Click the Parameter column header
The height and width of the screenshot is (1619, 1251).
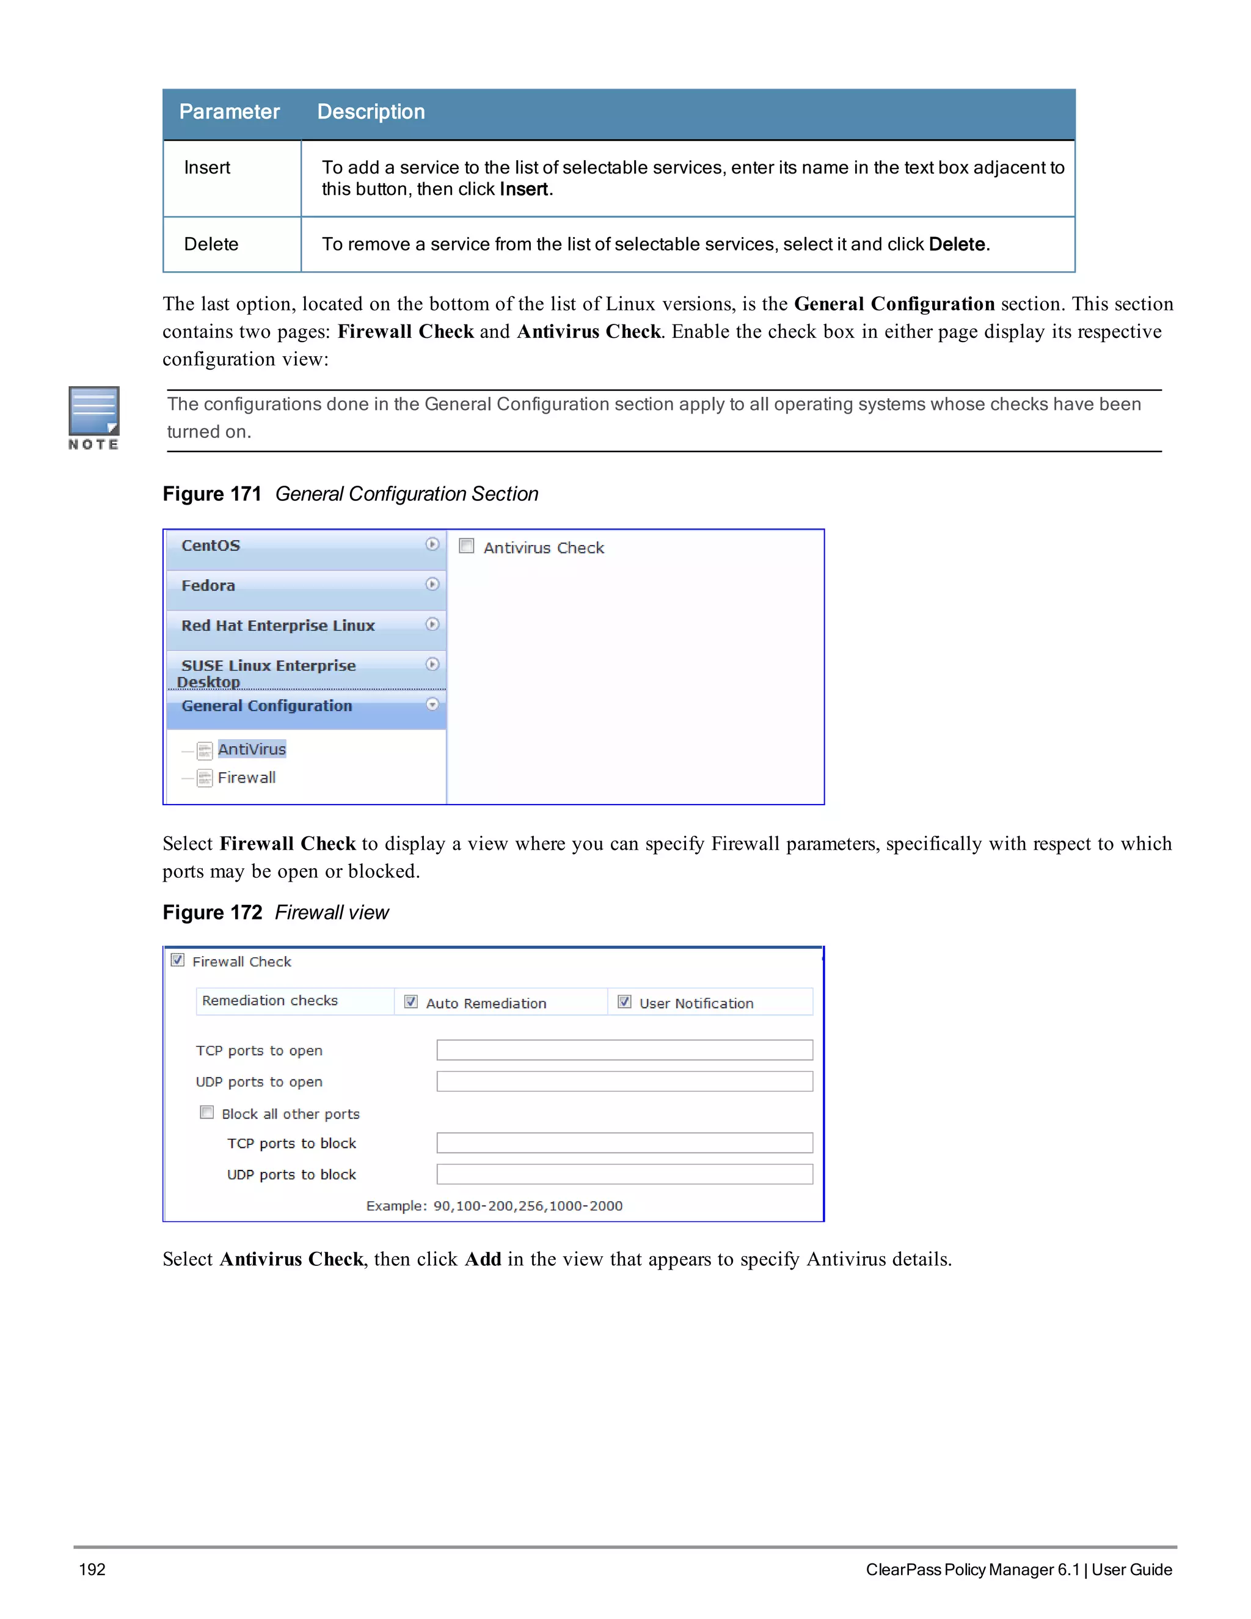click(229, 112)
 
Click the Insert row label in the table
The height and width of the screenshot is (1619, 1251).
click(207, 167)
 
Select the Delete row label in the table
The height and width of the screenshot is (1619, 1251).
click(211, 244)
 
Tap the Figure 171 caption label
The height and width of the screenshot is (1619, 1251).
click(212, 494)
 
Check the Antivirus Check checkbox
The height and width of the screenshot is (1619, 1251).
click(467, 546)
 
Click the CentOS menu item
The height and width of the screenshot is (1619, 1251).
click(211, 546)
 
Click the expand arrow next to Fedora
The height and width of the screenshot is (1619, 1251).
click(432, 584)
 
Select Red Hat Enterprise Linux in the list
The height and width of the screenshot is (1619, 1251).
click(278, 626)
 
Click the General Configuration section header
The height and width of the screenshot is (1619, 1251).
click(267, 706)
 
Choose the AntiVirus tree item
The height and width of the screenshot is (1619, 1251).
click(251, 750)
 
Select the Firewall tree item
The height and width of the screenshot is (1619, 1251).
click(246, 778)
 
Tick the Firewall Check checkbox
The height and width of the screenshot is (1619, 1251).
click(178, 960)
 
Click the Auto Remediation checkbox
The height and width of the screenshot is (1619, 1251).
click(411, 1001)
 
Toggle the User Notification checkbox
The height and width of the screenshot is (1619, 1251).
click(625, 1001)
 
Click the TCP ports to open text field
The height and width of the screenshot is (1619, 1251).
click(624, 1050)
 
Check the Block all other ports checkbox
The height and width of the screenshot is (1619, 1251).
click(208, 1113)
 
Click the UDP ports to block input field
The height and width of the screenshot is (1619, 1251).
click(624, 1174)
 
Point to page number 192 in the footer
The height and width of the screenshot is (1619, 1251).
click(93, 1570)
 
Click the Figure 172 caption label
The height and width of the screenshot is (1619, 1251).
click(213, 913)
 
